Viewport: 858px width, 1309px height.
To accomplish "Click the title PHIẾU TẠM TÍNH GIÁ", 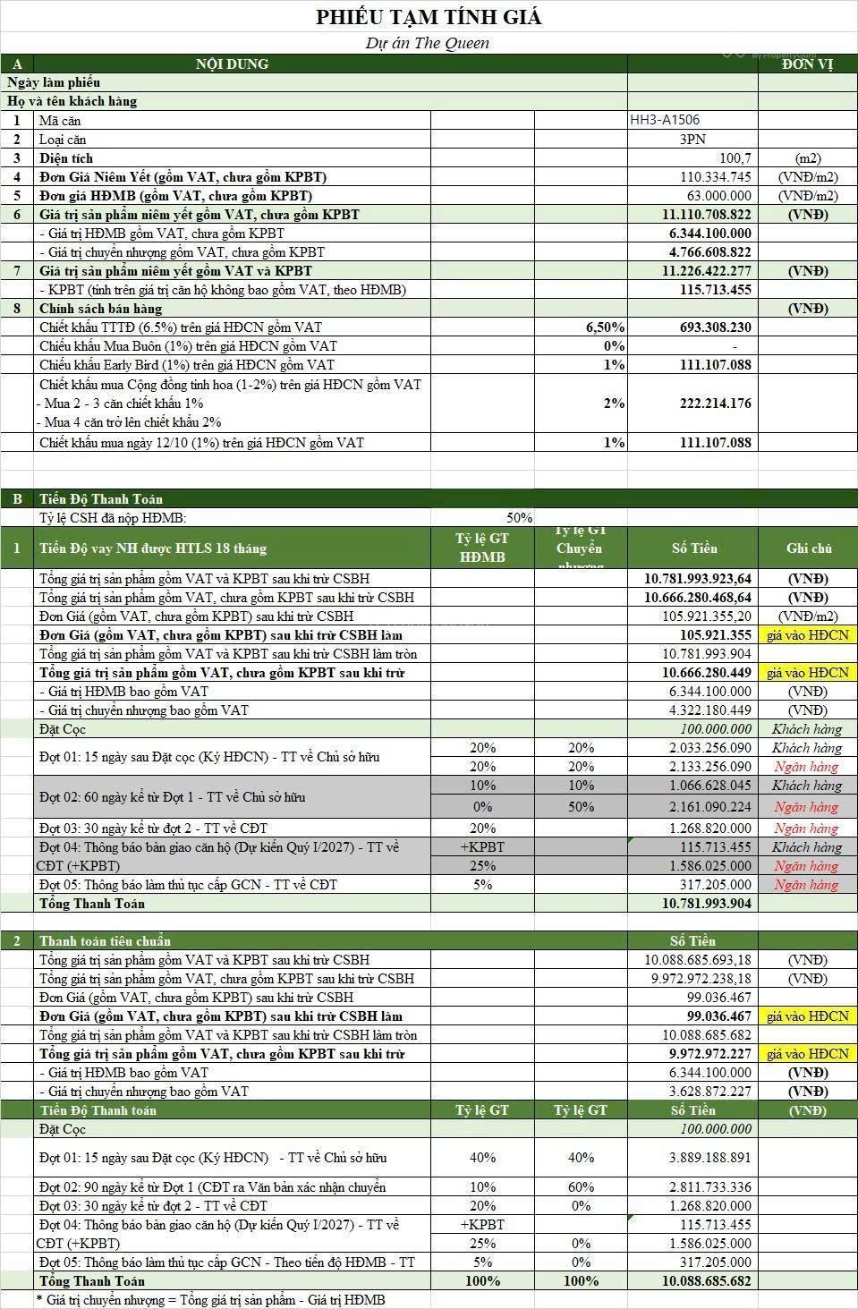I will click(x=429, y=17).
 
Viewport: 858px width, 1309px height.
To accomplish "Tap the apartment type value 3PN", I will click(x=692, y=139).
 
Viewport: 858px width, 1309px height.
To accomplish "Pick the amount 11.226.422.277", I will click(x=707, y=271).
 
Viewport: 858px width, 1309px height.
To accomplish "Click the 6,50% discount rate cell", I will click(x=605, y=327).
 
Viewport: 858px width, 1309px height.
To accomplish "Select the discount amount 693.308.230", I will click(x=715, y=327).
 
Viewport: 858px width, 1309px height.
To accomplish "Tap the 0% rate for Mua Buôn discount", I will click(x=614, y=346).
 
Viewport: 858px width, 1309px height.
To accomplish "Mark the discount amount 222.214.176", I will click(x=715, y=404).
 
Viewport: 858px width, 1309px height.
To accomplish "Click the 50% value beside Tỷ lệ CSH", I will click(x=519, y=518).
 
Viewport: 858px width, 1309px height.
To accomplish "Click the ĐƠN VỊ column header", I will click(x=807, y=64).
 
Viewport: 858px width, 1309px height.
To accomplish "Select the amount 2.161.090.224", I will click(x=710, y=807).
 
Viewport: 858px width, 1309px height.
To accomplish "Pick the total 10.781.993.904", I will click(x=707, y=904).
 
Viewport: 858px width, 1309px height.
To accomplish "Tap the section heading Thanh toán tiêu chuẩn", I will click(x=105, y=941).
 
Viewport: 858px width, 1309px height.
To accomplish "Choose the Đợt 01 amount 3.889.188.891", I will click(x=710, y=1158).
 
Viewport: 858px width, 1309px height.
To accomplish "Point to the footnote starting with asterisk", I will click(x=210, y=1299).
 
